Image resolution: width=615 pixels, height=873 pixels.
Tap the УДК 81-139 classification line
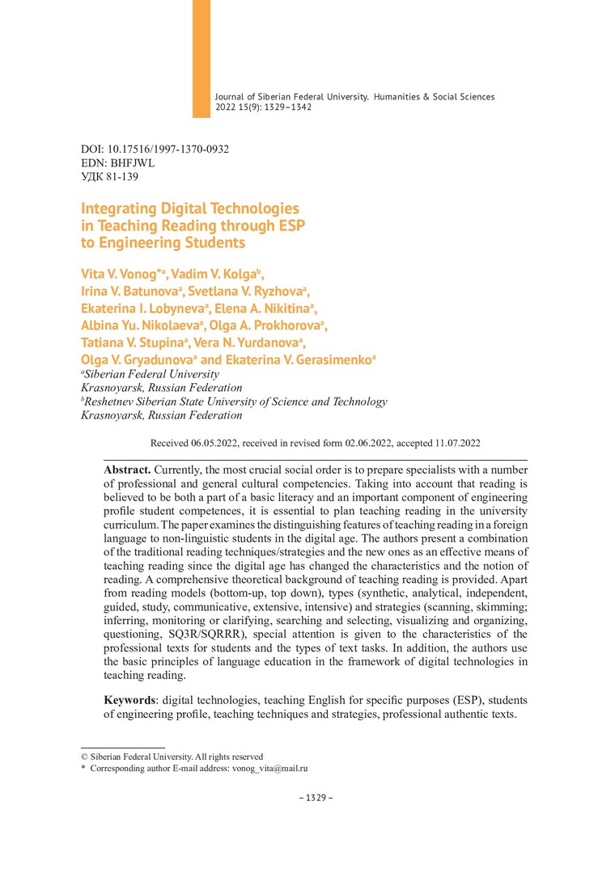[104, 175]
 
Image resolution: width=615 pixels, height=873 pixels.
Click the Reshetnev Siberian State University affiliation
[235, 402]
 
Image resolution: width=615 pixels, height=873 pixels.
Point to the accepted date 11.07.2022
[456, 443]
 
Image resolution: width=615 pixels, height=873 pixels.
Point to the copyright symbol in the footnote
[84, 757]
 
